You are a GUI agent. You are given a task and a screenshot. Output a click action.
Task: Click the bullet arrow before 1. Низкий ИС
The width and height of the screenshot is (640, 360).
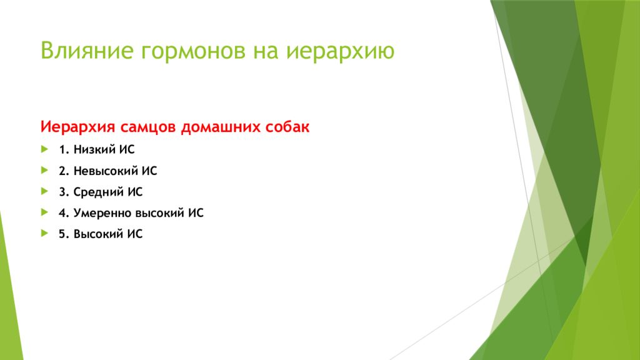tap(44, 149)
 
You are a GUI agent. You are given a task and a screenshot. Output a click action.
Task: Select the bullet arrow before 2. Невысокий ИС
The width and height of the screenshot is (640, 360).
tap(44, 170)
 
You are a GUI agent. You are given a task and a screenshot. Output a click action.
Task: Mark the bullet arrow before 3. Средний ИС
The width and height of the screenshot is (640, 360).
tap(44, 191)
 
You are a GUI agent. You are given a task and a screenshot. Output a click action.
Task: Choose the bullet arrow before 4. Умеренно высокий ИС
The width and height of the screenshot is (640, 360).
tap(44, 212)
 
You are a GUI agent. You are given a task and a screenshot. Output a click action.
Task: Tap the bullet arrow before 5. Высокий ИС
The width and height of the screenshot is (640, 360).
tap(44, 234)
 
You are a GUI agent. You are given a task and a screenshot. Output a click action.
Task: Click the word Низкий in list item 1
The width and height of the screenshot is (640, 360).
tap(92, 149)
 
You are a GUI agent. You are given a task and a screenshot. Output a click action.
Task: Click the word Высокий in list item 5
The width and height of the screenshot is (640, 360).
tap(97, 235)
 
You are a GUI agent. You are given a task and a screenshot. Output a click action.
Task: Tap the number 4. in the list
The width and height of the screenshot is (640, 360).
tap(64, 213)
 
